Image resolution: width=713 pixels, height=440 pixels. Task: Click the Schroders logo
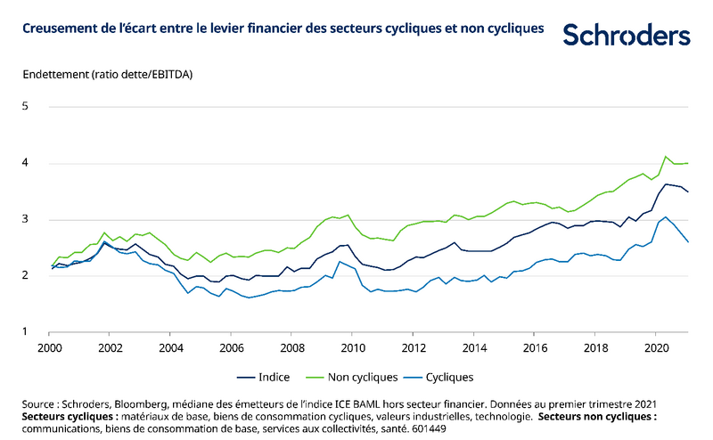pos(627,35)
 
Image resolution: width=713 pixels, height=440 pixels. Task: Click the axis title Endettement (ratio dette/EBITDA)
pos(108,74)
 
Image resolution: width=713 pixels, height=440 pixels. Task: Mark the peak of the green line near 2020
pos(665,157)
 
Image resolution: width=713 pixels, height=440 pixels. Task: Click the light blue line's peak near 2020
pos(665,216)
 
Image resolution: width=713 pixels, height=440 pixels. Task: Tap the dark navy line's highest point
pos(665,184)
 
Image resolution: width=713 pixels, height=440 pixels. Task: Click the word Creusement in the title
pos(58,29)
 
